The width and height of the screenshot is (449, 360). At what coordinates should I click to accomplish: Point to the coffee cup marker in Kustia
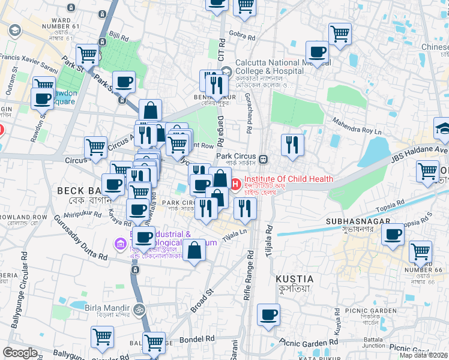(268, 314)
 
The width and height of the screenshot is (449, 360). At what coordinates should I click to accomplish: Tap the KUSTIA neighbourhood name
(294, 279)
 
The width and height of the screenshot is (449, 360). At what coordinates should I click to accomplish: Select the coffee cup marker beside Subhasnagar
(393, 235)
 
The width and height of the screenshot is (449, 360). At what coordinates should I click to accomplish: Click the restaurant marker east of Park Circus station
(292, 144)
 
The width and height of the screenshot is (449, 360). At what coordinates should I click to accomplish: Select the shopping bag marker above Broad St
(194, 251)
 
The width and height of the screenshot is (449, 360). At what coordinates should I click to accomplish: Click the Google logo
(20, 353)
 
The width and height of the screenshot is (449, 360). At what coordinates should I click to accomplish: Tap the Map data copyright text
(423, 355)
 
